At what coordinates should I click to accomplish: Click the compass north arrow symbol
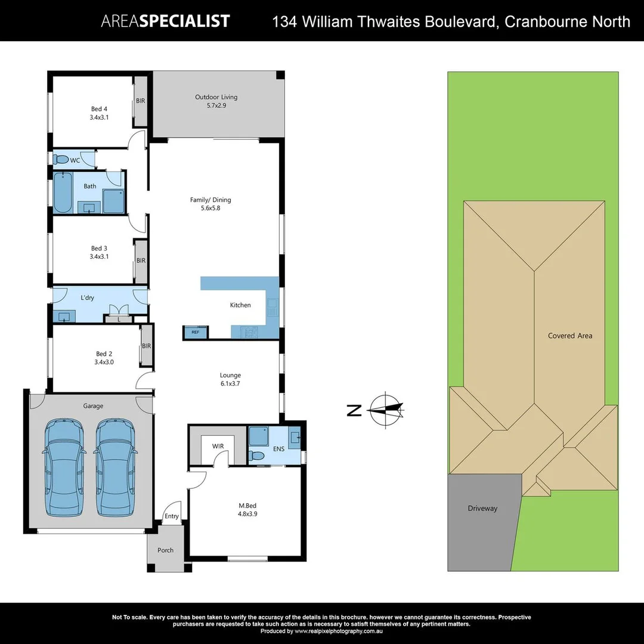click(x=386, y=410)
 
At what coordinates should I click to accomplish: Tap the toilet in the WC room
click(x=61, y=160)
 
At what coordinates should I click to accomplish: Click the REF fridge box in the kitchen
click(x=195, y=332)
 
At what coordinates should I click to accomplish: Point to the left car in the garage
click(x=64, y=468)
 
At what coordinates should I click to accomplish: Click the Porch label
click(x=166, y=550)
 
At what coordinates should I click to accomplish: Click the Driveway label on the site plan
click(x=482, y=509)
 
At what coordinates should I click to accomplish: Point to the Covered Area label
click(x=570, y=336)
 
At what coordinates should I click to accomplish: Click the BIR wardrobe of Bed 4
click(x=141, y=101)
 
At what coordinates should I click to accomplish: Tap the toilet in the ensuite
click(x=257, y=456)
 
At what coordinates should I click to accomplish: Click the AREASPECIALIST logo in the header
click(x=165, y=21)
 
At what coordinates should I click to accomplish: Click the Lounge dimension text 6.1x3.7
click(x=230, y=383)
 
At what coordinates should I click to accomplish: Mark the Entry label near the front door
click(x=172, y=516)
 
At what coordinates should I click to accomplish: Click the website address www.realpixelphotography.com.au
click(x=338, y=631)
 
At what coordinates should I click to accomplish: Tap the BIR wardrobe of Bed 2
click(x=146, y=346)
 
